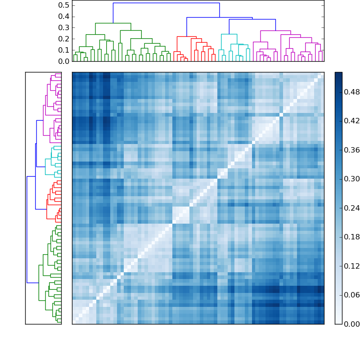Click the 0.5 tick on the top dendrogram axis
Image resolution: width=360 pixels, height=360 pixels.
[x=63, y=5]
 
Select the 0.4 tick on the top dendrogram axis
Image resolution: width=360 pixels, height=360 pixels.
[x=63, y=17]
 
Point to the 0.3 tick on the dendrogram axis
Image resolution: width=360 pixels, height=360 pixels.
[x=63, y=28]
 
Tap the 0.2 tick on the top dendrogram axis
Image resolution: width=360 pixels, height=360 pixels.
[x=63, y=39]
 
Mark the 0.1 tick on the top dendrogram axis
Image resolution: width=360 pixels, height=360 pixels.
[x=63, y=50]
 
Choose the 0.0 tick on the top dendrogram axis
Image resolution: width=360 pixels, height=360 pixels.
[x=63, y=61]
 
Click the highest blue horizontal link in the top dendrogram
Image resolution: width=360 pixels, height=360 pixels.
[x=166, y=3]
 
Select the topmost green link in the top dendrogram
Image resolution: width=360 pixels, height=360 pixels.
[x=113, y=23]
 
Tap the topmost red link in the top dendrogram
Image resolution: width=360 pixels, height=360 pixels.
[x=186, y=36]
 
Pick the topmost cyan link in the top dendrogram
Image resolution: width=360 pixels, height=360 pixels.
[x=229, y=34]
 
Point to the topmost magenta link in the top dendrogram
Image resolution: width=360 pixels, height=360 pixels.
[x=275, y=31]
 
